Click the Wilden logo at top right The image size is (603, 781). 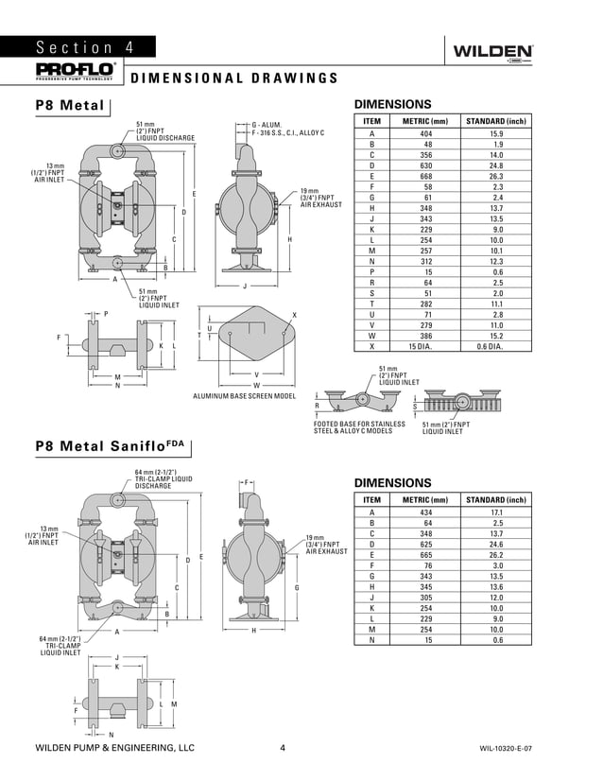pyautogui.click(x=493, y=52)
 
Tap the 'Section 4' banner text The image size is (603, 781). pyautogui.click(x=85, y=48)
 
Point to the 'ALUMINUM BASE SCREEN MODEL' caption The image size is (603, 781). pyautogui.click(x=244, y=396)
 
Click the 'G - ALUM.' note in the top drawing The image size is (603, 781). pyautogui.click(x=267, y=125)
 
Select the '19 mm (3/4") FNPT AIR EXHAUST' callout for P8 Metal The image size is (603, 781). pyautogui.click(x=318, y=197)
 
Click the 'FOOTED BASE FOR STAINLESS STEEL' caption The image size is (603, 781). pyautogui.click(x=359, y=427)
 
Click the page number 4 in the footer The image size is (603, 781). pyautogui.click(x=283, y=748)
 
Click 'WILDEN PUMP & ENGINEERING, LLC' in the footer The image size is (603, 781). pyautogui.click(x=114, y=748)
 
